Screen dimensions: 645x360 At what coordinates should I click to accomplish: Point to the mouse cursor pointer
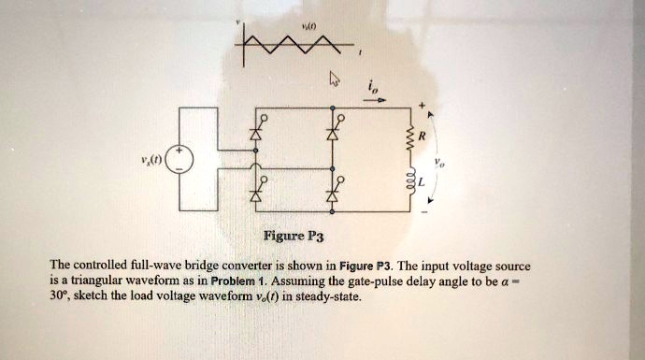click(x=332, y=80)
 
